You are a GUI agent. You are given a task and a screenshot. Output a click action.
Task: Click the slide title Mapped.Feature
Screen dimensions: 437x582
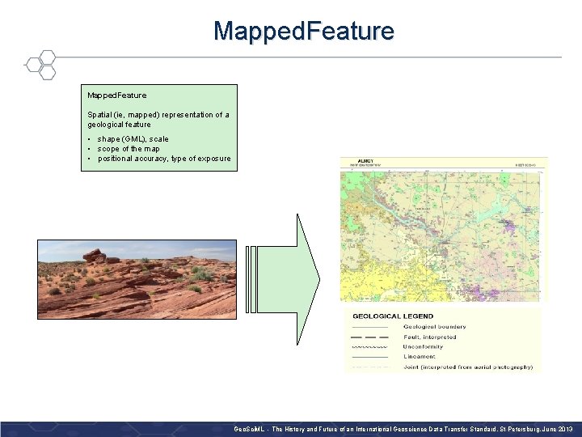click(304, 32)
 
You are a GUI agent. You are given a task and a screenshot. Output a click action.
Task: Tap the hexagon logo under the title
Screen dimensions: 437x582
click(40, 65)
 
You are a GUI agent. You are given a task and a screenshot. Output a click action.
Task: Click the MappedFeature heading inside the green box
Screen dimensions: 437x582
click(117, 95)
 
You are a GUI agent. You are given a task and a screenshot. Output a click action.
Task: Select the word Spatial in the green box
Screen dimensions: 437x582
click(100, 115)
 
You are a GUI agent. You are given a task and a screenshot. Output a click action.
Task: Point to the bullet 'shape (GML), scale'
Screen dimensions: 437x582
click(133, 139)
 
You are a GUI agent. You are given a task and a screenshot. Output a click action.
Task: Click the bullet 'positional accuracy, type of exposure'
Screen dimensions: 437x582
click(163, 159)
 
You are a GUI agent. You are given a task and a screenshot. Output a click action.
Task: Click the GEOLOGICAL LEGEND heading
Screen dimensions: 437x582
click(393, 316)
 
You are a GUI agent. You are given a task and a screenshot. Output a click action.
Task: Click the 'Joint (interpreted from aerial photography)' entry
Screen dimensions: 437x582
click(467, 367)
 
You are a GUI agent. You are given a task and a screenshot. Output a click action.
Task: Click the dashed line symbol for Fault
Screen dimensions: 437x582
click(370, 337)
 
